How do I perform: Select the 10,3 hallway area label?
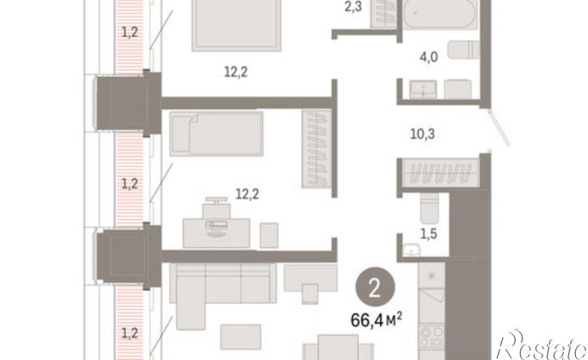coord(423,134)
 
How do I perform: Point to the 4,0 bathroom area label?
coord(429,58)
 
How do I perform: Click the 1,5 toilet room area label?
coord(428,234)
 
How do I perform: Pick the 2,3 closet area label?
coord(353,6)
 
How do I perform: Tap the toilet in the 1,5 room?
coord(429,208)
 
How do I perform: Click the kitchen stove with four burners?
coord(431,337)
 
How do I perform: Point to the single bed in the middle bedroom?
coord(216,134)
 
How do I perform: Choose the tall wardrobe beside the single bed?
coord(316,149)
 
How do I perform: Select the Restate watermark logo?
coord(542,345)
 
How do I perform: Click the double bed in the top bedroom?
coord(237,25)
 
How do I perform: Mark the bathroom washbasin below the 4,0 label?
coord(423,89)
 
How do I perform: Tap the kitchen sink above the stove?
coord(432,276)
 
